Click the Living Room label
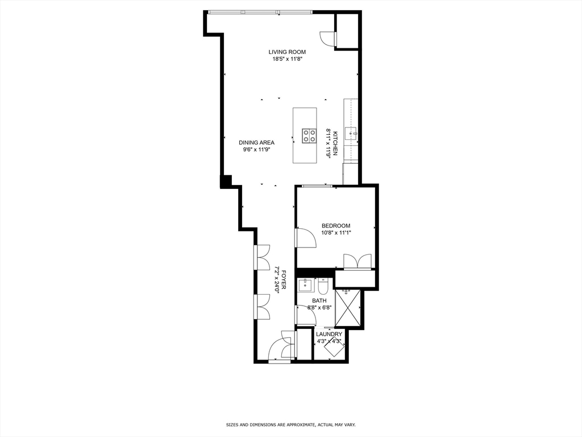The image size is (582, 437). coord(286,52)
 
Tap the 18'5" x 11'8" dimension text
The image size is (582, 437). coord(286,59)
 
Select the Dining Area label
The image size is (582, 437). coord(256,143)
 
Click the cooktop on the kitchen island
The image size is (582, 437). coord(309,135)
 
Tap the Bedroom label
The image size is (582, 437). coord(335,225)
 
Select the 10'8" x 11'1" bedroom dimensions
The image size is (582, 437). coord(335,232)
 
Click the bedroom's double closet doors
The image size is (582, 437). coord(357,262)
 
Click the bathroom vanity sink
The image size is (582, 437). coord(306,285)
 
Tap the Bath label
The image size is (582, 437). coord(319,300)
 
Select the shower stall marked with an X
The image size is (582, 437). coord(347,307)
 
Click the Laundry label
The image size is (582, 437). coord(329,334)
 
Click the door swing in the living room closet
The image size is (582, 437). coord(328,38)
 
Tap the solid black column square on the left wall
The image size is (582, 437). coord(226,182)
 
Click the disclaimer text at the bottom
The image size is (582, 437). coord(290,424)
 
